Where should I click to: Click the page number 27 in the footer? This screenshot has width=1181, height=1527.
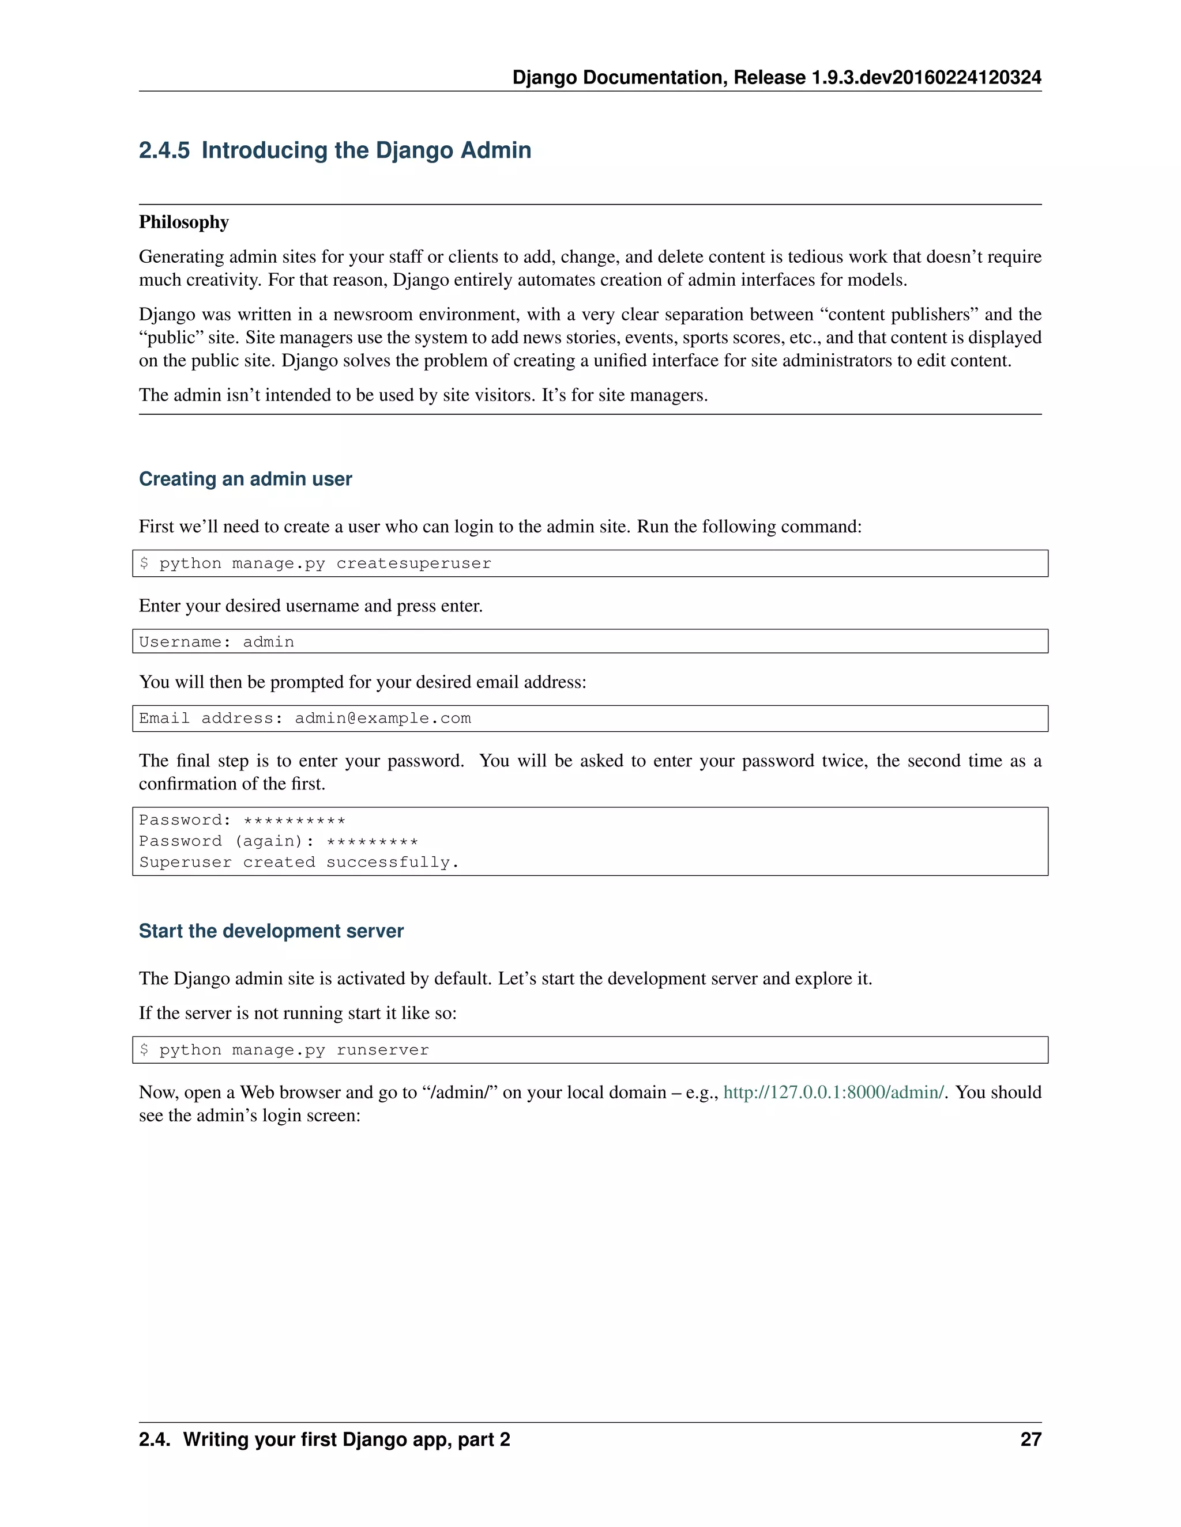(x=1030, y=1439)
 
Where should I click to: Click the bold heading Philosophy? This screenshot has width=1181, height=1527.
(x=184, y=222)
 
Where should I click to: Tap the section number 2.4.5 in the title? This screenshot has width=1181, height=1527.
(x=164, y=150)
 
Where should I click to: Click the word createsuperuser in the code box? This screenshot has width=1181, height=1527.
(x=413, y=564)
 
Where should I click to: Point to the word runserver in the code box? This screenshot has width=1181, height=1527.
(x=383, y=1050)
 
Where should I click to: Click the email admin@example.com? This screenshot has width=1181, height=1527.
(x=383, y=719)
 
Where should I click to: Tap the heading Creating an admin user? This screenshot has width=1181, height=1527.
(x=245, y=479)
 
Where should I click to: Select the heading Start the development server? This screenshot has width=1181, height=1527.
(x=271, y=931)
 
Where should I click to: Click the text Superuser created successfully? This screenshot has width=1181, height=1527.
(x=299, y=863)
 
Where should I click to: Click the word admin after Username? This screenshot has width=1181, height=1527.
(x=268, y=642)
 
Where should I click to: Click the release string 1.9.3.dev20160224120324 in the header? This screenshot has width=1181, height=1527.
(x=926, y=78)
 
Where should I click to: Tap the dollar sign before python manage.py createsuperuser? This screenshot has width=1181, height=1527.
(x=144, y=564)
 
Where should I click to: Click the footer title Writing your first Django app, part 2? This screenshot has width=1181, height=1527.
(x=347, y=1439)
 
